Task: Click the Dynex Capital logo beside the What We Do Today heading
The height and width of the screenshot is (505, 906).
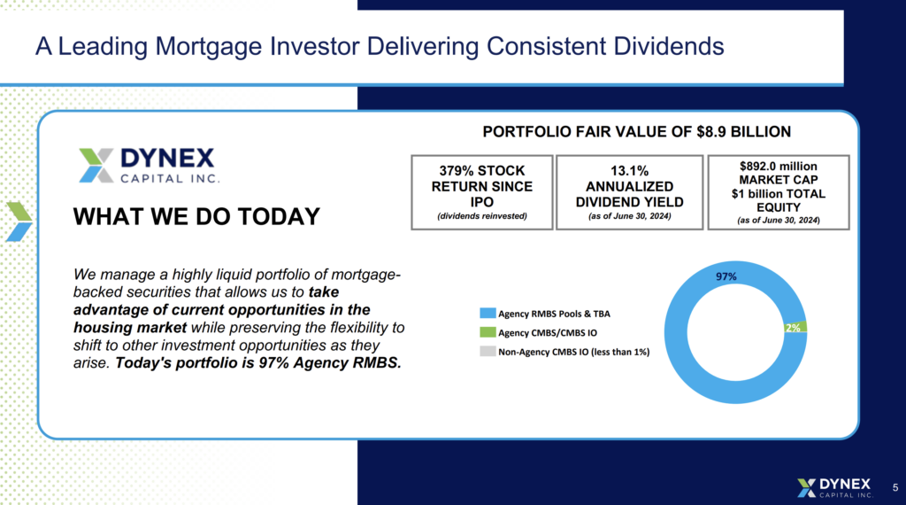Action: click(146, 165)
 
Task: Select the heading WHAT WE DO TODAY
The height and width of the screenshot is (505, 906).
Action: click(196, 216)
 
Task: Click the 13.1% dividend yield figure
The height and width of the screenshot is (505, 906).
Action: click(629, 171)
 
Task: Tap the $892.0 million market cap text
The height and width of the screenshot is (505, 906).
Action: click(779, 166)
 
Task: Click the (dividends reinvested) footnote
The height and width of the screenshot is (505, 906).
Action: click(482, 216)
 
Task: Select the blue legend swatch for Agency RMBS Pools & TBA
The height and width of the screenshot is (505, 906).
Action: click(487, 314)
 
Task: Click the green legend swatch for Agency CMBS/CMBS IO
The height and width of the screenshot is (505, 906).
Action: click(487, 333)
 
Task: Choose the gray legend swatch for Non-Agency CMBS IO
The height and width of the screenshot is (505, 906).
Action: click(487, 353)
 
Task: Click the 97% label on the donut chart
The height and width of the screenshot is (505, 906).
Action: click(726, 276)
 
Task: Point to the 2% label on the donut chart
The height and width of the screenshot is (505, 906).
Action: click(793, 328)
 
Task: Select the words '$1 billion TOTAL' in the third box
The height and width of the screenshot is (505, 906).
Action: click(779, 194)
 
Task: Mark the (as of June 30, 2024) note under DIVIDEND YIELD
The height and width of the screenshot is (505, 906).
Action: click(629, 216)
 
